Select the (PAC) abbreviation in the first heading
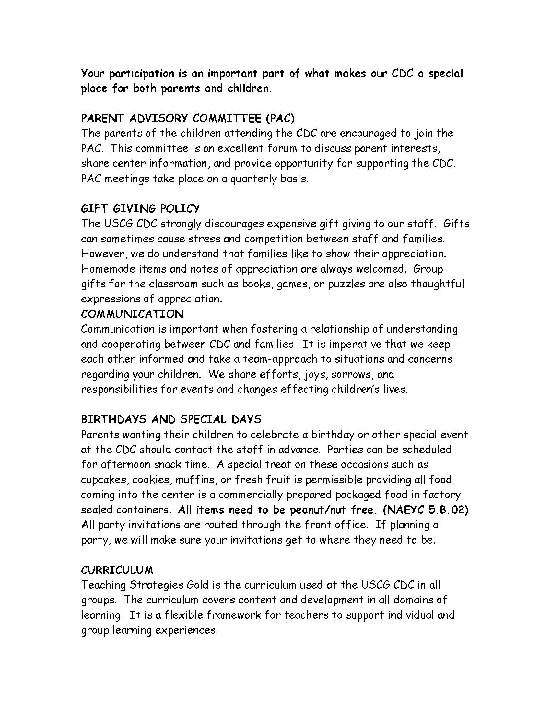tap(280, 118)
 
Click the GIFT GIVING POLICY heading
tap(140, 208)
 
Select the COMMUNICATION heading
tap(132, 314)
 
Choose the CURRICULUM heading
tap(117, 570)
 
